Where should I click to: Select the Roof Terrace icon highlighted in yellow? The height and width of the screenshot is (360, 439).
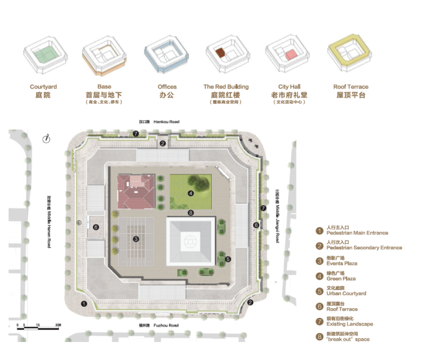(351, 56)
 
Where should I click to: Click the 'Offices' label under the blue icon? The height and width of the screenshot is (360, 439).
(167, 87)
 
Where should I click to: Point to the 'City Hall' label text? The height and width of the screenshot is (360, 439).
(289, 87)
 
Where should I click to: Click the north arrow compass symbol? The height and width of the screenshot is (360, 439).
(46, 139)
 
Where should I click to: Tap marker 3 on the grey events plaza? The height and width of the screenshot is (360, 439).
(136, 238)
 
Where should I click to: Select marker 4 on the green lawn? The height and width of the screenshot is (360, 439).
(191, 194)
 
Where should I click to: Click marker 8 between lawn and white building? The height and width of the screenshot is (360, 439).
(191, 213)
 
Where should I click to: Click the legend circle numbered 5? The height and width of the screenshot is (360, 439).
(319, 291)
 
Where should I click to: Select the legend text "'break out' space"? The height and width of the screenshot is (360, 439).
(351, 340)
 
